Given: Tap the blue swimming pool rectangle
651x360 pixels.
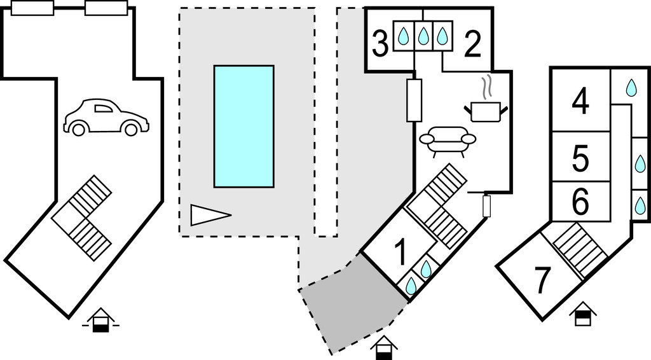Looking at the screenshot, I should click(x=243, y=126).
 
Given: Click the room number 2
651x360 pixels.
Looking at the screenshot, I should click(x=473, y=45).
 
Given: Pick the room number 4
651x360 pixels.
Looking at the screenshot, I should click(x=580, y=102).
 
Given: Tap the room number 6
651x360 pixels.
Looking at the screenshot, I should click(x=580, y=203).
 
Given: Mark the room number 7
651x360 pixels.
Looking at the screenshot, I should click(x=542, y=281).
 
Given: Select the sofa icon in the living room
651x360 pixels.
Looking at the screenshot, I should click(x=448, y=141).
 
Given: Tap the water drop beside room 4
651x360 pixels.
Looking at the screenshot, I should click(x=631, y=88).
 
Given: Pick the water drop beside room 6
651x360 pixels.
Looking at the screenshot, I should click(x=640, y=205).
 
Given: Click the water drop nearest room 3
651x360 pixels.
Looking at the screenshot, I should click(x=403, y=36).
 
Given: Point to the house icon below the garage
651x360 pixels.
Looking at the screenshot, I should click(x=101, y=320).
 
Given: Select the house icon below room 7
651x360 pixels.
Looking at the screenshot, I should click(x=581, y=314).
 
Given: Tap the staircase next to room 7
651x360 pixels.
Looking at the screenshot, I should click(x=571, y=251).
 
